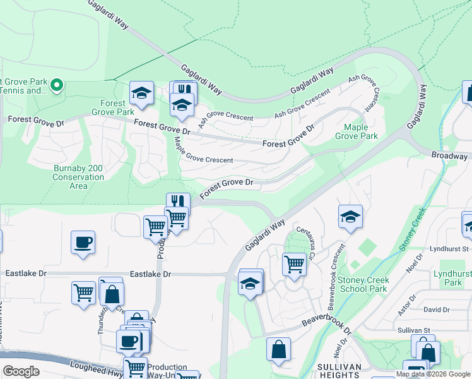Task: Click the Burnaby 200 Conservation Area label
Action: click(78, 172)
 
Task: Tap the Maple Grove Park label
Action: click(356, 131)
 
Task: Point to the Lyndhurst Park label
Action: click(448, 279)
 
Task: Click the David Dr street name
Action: click(437, 310)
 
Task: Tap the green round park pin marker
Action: click(56, 85)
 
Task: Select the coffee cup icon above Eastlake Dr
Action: click(83, 243)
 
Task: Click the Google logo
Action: click(21, 371)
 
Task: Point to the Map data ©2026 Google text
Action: click(433, 374)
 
